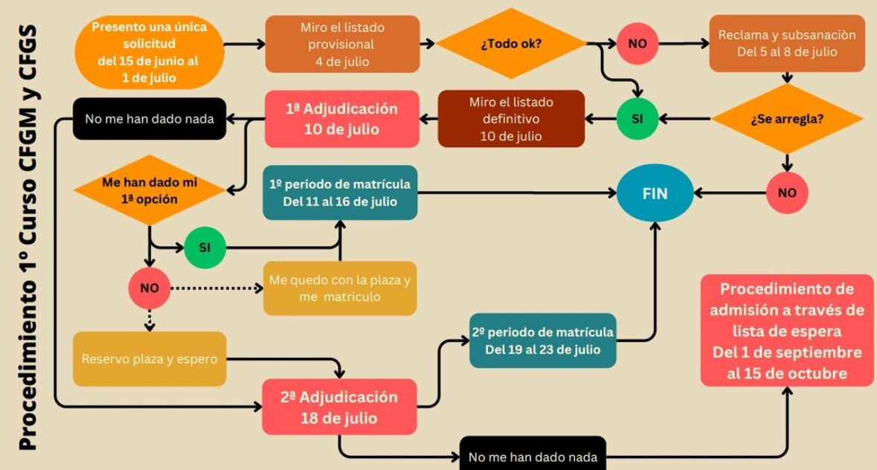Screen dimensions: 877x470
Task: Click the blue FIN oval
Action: (x=655, y=194)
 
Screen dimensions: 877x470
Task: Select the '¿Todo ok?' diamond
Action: (x=510, y=43)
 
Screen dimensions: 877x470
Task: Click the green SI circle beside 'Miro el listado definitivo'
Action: (x=637, y=119)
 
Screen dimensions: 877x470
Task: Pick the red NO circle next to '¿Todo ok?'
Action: (x=637, y=43)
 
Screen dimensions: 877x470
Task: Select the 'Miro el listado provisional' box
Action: (x=342, y=43)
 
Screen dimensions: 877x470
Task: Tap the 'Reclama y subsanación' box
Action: (x=787, y=43)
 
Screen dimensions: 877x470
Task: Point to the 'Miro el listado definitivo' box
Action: (x=511, y=118)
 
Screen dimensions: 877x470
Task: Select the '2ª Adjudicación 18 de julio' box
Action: (x=339, y=407)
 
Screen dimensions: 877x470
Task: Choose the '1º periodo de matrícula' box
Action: (x=339, y=192)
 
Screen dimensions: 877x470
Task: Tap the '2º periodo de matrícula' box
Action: (x=543, y=340)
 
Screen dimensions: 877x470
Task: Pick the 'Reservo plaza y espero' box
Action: (x=150, y=359)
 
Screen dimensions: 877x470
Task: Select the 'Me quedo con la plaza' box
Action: (x=339, y=288)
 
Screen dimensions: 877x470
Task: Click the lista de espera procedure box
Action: (x=786, y=331)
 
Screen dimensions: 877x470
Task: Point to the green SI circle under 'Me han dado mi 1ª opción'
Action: (x=206, y=247)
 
